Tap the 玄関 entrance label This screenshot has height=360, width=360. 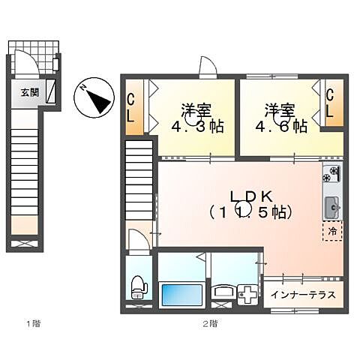[30, 92]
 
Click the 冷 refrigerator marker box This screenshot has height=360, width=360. [331, 232]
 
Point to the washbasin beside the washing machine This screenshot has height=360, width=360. [223, 292]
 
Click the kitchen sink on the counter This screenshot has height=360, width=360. [331, 204]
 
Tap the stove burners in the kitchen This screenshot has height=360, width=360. [331, 176]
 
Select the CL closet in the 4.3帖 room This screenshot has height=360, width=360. [130, 109]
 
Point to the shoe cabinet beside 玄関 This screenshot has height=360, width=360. [50, 92]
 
